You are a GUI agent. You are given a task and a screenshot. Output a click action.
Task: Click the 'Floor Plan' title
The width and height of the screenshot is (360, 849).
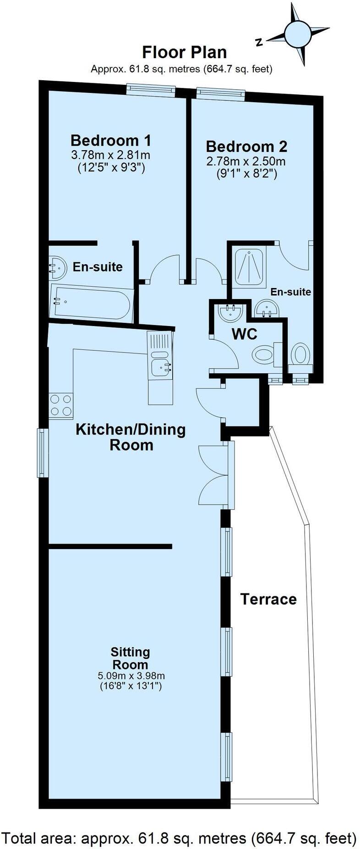click(x=184, y=52)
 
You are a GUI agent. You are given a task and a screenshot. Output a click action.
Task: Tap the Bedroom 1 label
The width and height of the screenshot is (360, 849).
click(x=110, y=140)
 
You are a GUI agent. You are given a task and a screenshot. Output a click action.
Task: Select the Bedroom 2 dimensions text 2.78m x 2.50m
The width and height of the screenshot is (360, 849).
click(x=246, y=162)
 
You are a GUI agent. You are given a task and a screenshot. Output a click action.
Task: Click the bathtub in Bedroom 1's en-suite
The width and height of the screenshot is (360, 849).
click(x=92, y=302)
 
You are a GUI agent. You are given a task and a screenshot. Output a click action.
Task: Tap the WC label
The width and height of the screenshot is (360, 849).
click(x=244, y=334)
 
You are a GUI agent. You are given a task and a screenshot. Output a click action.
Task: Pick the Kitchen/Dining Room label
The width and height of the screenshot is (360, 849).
click(x=131, y=437)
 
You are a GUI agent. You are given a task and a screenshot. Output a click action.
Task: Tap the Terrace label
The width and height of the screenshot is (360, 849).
click(x=268, y=599)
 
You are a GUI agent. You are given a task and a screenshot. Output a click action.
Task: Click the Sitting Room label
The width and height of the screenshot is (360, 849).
click(x=131, y=658)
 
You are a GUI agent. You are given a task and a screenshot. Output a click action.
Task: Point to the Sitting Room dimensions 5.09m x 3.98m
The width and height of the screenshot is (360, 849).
click(x=131, y=676)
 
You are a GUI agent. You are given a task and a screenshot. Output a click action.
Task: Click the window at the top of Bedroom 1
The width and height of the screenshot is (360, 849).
click(x=151, y=90)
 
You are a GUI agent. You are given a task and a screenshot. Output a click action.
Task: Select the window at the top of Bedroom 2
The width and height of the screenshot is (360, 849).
click(x=220, y=93)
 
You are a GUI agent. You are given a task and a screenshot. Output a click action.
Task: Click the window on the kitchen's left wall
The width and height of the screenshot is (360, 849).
click(x=43, y=452)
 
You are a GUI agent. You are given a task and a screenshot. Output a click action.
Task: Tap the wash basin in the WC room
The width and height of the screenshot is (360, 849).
click(x=230, y=312)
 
